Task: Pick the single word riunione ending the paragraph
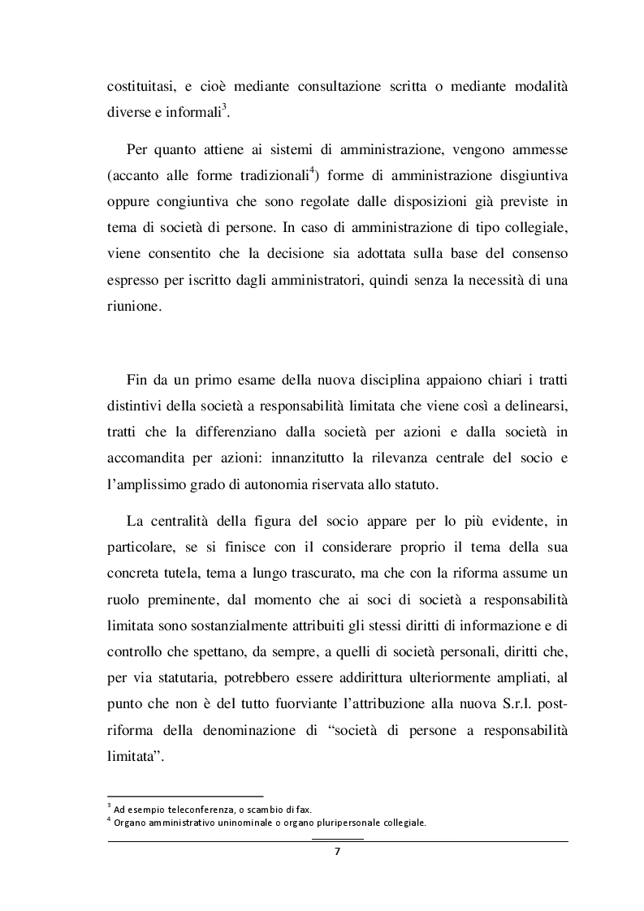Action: tap(133, 309)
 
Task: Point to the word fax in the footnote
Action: tap(302, 809)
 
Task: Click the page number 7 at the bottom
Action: tap(337, 852)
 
